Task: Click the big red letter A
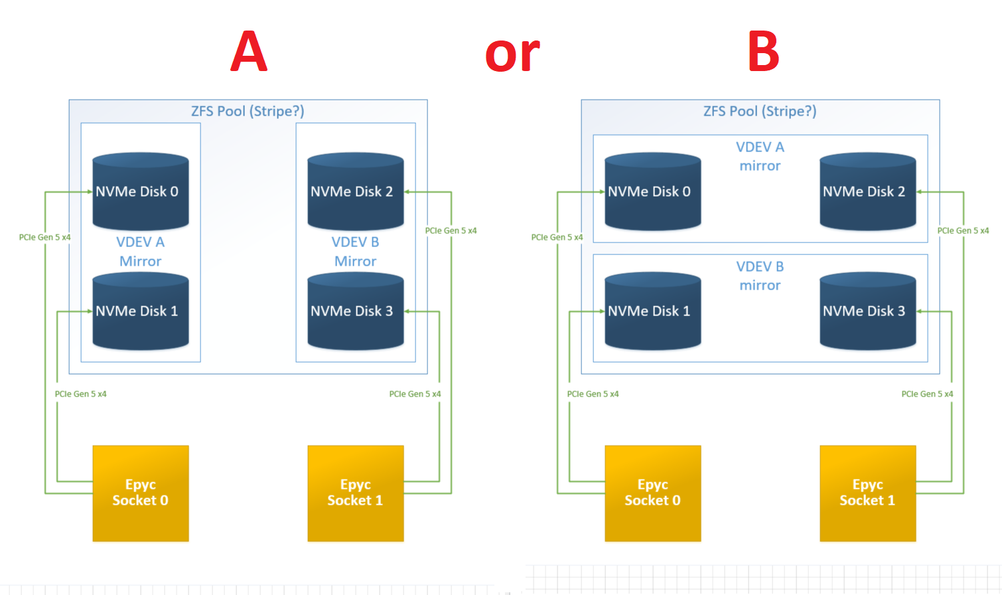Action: tap(249, 52)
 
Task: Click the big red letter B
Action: tap(763, 52)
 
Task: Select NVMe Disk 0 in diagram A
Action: tap(141, 192)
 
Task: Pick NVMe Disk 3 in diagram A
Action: tap(356, 311)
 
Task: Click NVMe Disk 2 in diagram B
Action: tap(867, 192)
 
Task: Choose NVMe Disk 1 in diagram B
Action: tap(653, 311)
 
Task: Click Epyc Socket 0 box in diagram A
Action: tap(141, 493)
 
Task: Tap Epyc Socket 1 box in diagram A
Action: tap(356, 493)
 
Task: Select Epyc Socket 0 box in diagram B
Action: tap(653, 493)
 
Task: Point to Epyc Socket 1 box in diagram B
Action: tap(867, 493)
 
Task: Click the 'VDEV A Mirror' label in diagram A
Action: tap(141, 252)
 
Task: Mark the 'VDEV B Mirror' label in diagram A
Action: tap(356, 252)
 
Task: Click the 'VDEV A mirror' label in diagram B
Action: tap(760, 156)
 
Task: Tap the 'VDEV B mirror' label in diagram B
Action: tap(760, 276)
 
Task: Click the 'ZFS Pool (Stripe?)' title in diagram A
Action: tap(248, 111)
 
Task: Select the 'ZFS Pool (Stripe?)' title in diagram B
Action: tap(760, 111)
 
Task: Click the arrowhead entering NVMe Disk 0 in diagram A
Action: tap(90, 192)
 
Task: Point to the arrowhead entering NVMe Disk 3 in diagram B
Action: tap(920, 311)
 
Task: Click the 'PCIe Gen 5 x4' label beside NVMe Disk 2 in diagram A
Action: tap(451, 230)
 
